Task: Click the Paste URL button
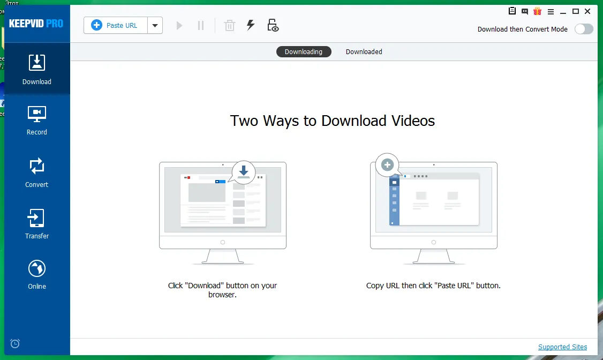coord(115,25)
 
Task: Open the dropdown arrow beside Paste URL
coord(155,25)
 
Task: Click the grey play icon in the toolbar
coord(179,26)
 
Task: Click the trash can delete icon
coord(230,25)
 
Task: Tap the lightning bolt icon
coord(251,25)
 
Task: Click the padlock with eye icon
coord(273,25)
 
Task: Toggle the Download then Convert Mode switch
coord(584,29)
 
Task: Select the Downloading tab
coord(304,51)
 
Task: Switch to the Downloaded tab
coord(364,51)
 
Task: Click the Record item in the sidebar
coord(37,121)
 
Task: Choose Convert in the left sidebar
coord(37,172)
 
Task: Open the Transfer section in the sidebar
coord(37,224)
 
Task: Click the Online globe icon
coord(37,268)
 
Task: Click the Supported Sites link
coord(563,347)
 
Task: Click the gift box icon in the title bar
coord(537,11)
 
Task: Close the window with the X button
coord(587,11)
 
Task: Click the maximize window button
coord(576,11)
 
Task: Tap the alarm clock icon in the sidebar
coord(15,343)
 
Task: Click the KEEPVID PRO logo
coord(36,24)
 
